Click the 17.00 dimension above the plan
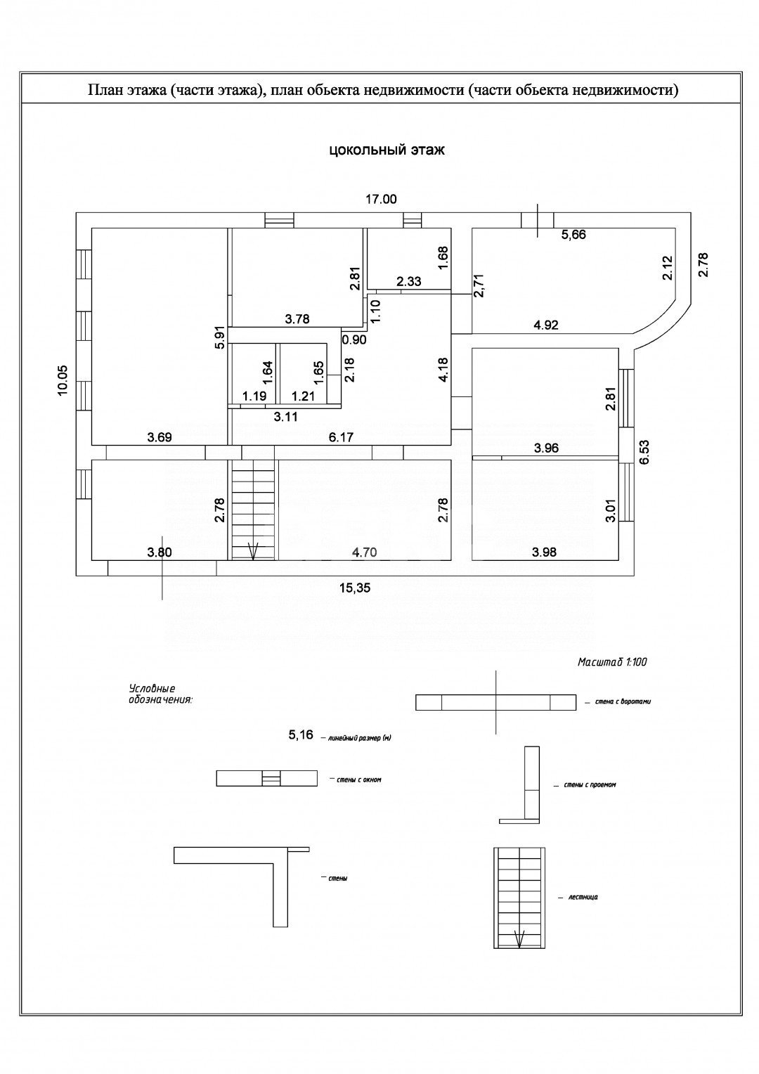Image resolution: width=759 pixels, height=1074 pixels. [x=381, y=200]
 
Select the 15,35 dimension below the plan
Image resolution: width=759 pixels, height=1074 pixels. [x=356, y=589]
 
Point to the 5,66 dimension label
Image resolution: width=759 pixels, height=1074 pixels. [x=573, y=235]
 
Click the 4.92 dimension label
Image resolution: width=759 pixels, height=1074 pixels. [x=546, y=325]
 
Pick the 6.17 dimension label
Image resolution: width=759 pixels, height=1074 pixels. [x=342, y=437]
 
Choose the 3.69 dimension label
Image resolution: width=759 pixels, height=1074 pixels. [x=160, y=437]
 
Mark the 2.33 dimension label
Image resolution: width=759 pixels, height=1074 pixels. [x=408, y=282]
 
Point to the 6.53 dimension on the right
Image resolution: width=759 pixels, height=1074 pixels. [x=644, y=453]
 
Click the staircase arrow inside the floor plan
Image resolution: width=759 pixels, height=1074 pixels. [x=253, y=550]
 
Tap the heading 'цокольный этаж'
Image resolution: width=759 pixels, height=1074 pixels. [x=387, y=150]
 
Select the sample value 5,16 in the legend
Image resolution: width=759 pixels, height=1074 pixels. [x=300, y=735]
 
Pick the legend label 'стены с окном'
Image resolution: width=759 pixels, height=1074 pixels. [x=358, y=779]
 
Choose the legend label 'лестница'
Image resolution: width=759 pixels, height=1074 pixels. [x=583, y=898]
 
